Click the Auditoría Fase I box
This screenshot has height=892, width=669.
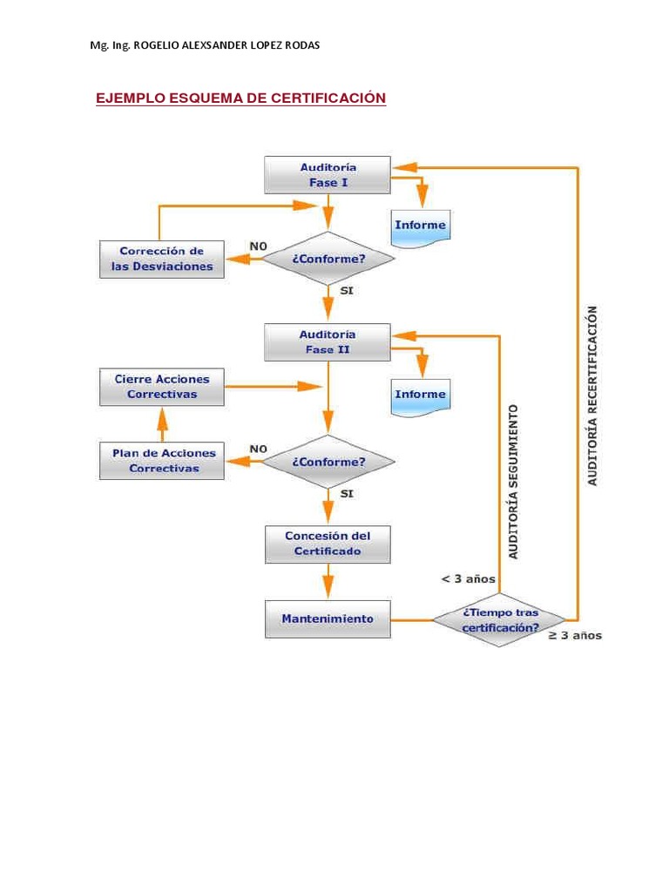pyautogui.click(x=328, y=175)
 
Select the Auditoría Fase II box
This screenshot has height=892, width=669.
pyautogui.click(x=328, y=342)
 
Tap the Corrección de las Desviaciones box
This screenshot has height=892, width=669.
pyautogui.click(x=162, y=260)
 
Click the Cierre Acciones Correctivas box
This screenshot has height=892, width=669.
pyautogui.click(x=162, y=387)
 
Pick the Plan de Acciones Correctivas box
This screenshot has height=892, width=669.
pyautogui.click(x=162, y=461)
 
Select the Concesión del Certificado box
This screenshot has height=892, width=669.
pyautogui.click(x=328, y=544)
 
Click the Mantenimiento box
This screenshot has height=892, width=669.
pyautogui.click(x=328, y=619)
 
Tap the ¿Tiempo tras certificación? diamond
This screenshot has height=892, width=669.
pyautogui.click(x=500, y=620)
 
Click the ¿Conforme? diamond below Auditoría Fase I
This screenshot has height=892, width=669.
pyautogui.click(x=328, y=260)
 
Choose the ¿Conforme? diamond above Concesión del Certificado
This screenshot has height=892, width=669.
pyautogui.click(x=328, y=462)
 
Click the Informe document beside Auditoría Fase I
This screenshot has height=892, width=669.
pyautogui.click(x=420, y=226)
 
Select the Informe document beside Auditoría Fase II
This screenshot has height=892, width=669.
pyautogui.click(x=420, y=395)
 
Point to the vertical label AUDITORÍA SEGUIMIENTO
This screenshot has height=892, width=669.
pyautogui.click(x=513, y=481)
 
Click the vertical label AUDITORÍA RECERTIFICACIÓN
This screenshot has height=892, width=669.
pyautogui.click(x=593, y=395)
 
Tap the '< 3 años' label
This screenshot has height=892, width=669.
pyautogui.click(x=468, y=579)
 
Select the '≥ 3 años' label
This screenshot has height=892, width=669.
pyautogui.click(x=574, y=636)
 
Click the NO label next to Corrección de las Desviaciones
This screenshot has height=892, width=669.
pyautogui.click(x=259, y=247)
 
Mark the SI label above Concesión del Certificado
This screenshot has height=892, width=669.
pyautogui.click(x=346, y=493)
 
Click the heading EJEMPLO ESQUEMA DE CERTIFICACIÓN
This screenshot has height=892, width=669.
pyautogui.click(x=240, y=98)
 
